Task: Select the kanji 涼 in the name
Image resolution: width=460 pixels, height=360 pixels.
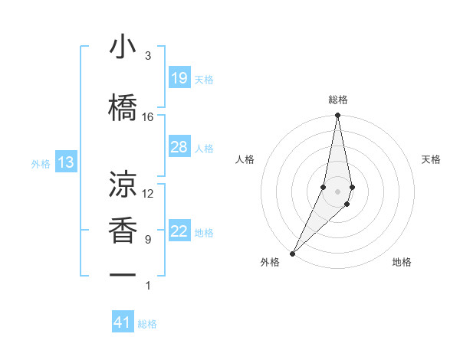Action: click(x=123, y=184)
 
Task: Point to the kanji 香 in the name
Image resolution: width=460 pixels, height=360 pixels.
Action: click(x=123, y=229)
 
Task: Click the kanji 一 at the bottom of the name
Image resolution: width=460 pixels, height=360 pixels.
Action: click(x=123, y=274)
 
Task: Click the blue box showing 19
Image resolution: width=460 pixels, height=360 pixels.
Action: click(x=179, y=78)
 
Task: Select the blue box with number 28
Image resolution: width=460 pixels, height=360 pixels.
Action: click(x=179, y=147)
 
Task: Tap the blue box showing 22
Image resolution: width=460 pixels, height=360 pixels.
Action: click(x=179, y=231)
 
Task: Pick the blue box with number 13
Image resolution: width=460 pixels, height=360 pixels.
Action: click(x=65, y=162)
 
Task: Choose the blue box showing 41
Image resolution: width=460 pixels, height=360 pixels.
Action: click(x=123, y=322)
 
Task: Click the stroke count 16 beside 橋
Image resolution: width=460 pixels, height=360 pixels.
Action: click(x=148, y=117)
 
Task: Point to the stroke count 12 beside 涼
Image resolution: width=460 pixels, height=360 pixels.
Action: click(x=148, y=194)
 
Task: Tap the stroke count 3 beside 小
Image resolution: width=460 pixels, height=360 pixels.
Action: click(x=148, y=56)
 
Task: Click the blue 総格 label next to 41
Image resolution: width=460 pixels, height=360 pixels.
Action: click(x=147, y=324)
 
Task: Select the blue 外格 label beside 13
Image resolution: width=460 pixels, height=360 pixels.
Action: click(x=41, y=163)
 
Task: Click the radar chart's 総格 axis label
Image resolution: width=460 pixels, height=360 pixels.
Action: click(x=338, y=100)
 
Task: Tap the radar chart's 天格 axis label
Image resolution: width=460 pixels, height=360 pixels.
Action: click(x=432, y=159)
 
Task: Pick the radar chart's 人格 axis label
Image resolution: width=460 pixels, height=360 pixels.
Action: click(x=245, y=159)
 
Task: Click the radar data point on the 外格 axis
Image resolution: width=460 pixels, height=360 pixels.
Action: click(x=292, y=253)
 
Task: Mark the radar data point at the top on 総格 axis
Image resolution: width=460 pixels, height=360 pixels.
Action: click(x=338, y=116)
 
